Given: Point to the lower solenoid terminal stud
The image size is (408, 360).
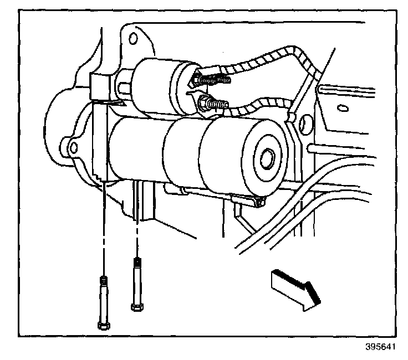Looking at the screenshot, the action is click(213, 103).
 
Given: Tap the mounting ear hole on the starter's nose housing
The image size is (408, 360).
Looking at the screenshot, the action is click(72, 148).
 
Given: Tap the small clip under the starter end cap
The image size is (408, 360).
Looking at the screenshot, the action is click(244, 203).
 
